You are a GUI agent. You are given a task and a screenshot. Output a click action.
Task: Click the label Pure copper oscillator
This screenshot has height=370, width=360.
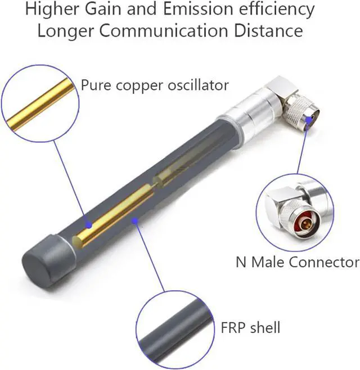[155, 85]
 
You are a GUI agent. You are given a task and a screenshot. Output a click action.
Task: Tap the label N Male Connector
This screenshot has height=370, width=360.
[297, 262]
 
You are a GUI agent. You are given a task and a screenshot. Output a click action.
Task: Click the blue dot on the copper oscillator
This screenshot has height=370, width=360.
[88, 224]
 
